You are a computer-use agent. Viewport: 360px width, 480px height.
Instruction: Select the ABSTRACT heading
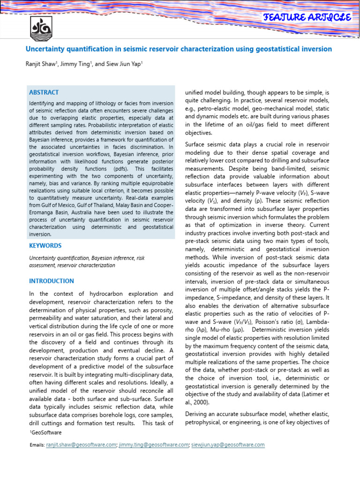(44, 92)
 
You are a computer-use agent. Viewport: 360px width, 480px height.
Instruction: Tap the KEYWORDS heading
(45, 245)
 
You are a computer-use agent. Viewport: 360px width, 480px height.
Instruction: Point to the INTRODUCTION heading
(52, 281)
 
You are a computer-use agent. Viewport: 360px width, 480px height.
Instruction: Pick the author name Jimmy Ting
(77, 64)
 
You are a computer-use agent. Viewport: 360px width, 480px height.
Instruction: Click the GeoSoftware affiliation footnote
(46, 432)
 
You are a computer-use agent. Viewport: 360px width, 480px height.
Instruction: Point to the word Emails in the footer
(37, 445)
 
